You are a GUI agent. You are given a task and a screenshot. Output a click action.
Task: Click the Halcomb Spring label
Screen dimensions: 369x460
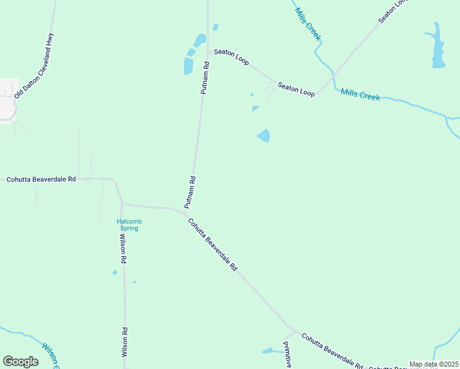click(129, 224)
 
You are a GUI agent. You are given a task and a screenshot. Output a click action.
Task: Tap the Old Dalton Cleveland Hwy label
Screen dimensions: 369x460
click(34, 66)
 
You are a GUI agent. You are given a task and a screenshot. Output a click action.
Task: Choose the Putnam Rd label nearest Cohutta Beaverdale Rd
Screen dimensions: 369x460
click(189, 192)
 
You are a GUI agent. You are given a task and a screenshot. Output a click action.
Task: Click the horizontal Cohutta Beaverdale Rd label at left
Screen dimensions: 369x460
click(41, 179)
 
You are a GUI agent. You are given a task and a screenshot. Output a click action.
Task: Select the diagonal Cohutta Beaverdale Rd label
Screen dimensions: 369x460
click(212, 245)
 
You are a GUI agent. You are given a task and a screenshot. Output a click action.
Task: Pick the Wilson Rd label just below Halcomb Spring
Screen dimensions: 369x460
click(123, 249)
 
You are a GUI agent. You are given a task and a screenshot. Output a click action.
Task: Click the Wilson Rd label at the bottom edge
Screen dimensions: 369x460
click(124, 342)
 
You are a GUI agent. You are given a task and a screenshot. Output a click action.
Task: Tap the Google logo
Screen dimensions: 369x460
click(20, 362)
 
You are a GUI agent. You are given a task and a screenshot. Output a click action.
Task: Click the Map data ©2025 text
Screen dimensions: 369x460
click(434, 364)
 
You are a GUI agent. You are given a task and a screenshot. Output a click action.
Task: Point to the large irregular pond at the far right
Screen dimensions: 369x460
click(437, 47)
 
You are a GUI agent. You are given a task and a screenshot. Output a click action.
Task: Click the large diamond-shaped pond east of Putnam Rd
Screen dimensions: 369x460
click(263, 135)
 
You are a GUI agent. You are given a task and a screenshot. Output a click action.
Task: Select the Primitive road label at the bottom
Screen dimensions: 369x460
click(287, 355)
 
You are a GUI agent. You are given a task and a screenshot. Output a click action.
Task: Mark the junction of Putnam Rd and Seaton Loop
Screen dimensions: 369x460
click(207, 50)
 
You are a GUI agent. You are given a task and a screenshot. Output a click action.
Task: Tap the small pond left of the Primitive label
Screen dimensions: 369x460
click(268, 351)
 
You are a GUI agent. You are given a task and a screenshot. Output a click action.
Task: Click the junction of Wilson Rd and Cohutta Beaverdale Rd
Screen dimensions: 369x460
click(122, 202)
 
